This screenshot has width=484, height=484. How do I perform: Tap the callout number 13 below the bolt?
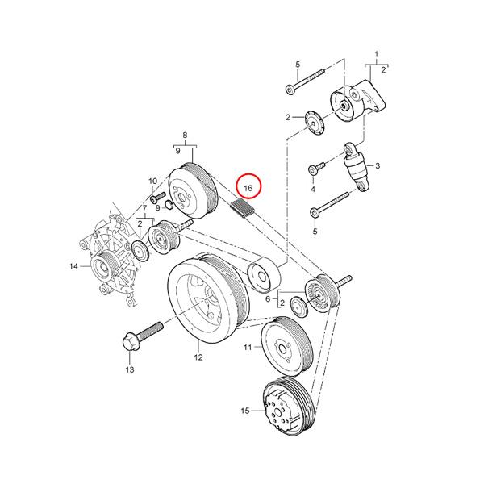click(130, 369)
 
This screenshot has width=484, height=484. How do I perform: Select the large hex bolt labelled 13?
click(142, 336)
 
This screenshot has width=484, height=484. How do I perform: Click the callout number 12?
click(198, 357)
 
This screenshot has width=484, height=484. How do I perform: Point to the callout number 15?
click(244, 411)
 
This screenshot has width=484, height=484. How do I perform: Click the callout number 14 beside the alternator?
click(73, 265)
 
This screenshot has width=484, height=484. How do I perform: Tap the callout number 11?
click(248, 347)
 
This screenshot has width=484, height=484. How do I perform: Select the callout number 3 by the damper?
click(378, 165)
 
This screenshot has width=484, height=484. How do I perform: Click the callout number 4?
click(313, 189)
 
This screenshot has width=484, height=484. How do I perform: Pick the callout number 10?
click(153, 181)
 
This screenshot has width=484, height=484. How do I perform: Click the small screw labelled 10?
click(158, 198)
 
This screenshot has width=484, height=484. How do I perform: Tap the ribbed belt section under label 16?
click(243, 209)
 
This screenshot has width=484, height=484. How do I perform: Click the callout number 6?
click(268, 298)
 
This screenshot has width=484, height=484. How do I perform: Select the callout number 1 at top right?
click(376, 54)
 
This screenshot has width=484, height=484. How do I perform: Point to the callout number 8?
click(185, 135)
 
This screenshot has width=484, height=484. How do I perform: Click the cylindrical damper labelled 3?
click(357, 167)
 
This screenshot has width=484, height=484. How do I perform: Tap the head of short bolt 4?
click(313, 169)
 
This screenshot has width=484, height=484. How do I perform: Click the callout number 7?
click(144, 207)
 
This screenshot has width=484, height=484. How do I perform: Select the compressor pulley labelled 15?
click(288, 406)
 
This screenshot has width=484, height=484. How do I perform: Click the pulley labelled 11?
click(286, 346)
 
